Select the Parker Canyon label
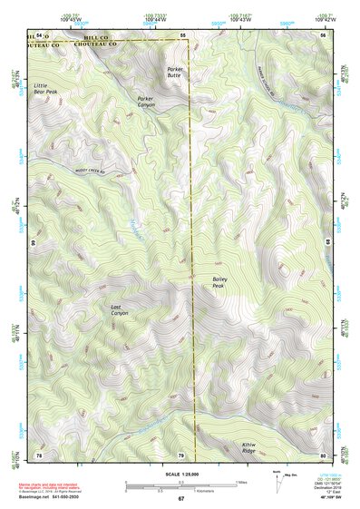[146, 101]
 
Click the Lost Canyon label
[120, 310]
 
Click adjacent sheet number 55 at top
[181, 34]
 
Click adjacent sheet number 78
[39, 454]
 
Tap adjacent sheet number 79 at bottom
[180, 454]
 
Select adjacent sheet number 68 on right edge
[326, 242]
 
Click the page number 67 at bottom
[180, 498]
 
